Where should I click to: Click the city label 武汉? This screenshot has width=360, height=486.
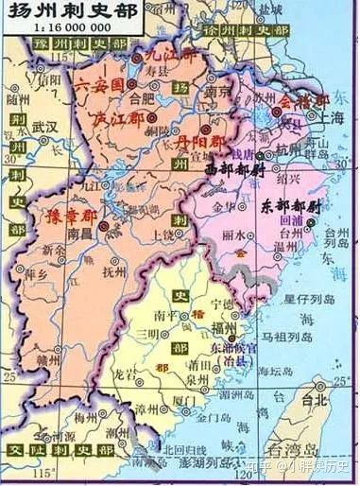pos(44,125)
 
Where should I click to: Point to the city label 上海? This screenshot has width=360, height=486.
pos(331,119)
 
